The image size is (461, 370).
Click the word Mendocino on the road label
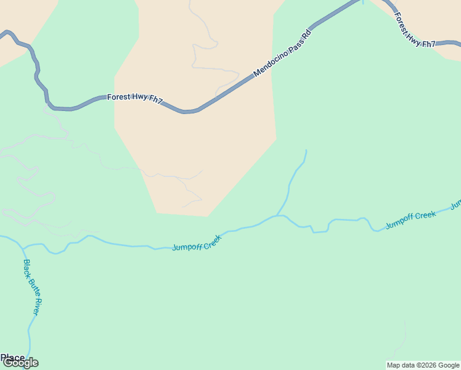[x=270, y=67]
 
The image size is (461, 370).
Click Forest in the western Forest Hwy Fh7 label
[x=118, y=97]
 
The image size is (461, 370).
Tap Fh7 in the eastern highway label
[x=428, y=44]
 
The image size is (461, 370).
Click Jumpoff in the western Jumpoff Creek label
[x=187, y=247]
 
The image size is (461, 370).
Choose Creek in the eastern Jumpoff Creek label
[x=425, y=215]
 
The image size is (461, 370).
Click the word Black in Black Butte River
[x=28, y=269]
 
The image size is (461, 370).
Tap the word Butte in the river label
[x=32, y=287]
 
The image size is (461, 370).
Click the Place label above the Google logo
[x=12, y=358]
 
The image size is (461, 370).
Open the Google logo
[x=20, y=363]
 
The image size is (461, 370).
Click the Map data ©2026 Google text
[x=423, y=365]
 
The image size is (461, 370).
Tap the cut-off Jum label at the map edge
[x=456, y=203]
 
